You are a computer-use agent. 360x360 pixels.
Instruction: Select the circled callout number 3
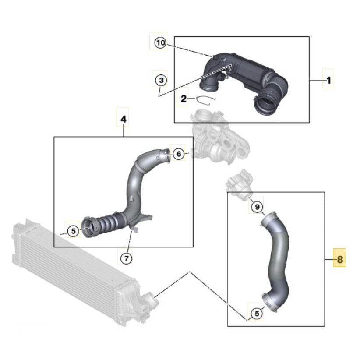tap(161, 80)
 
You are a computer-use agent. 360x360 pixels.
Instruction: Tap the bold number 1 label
tap(328, 80)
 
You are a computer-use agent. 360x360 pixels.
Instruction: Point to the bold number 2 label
tap(184, 99)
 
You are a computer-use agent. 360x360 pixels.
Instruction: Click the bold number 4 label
tap(123, 119)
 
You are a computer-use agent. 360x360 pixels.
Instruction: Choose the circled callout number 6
tap(178, 154)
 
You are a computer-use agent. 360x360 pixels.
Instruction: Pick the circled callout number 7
tap(126, 259)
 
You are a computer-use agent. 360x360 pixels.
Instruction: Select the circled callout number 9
tap(257, 206)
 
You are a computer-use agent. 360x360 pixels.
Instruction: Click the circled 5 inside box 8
tap(257, 313)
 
